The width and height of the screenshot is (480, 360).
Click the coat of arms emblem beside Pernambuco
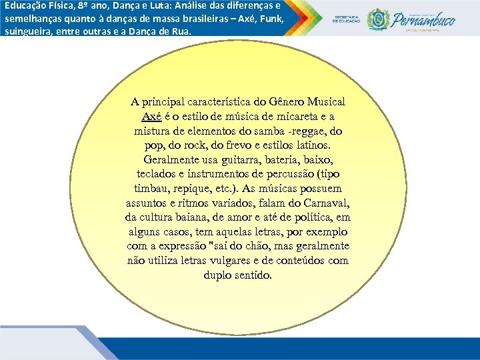379,19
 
